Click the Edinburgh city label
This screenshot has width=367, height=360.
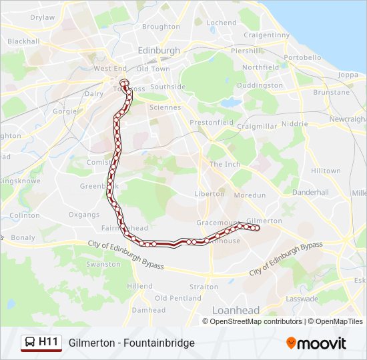[159, 50]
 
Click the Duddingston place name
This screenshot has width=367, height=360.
[260, 86]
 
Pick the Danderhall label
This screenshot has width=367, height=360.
[310, 192]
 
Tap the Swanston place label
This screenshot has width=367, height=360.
[103, 264]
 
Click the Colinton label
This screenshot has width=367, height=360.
[25, 215]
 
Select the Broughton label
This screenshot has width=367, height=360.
[161, 27]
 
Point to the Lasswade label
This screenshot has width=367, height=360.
[302, 299]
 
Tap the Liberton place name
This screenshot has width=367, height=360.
[210, 193]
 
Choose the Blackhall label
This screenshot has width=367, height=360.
[23, 41]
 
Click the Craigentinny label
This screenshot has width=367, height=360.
[266, 35]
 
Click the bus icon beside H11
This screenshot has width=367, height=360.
[30, 343]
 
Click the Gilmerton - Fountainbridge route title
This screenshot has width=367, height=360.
[131, 343]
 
